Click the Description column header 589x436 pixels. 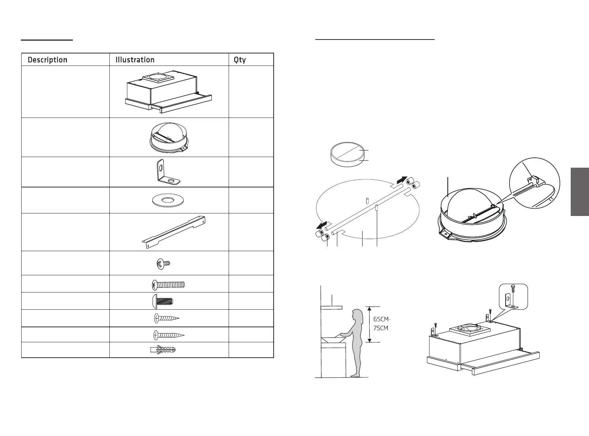click(48, 60)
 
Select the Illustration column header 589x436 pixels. click(135, 60)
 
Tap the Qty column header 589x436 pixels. click(240, 60)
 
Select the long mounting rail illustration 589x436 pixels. click(174, 232)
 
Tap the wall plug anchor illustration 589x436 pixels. click(163, 350)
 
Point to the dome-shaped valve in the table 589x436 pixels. click(168, 137)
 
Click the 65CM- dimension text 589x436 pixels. click(382, 319)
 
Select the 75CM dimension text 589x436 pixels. click(380, 328)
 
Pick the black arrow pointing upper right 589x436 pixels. click(401, 181)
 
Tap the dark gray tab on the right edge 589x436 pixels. click(579, 192)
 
